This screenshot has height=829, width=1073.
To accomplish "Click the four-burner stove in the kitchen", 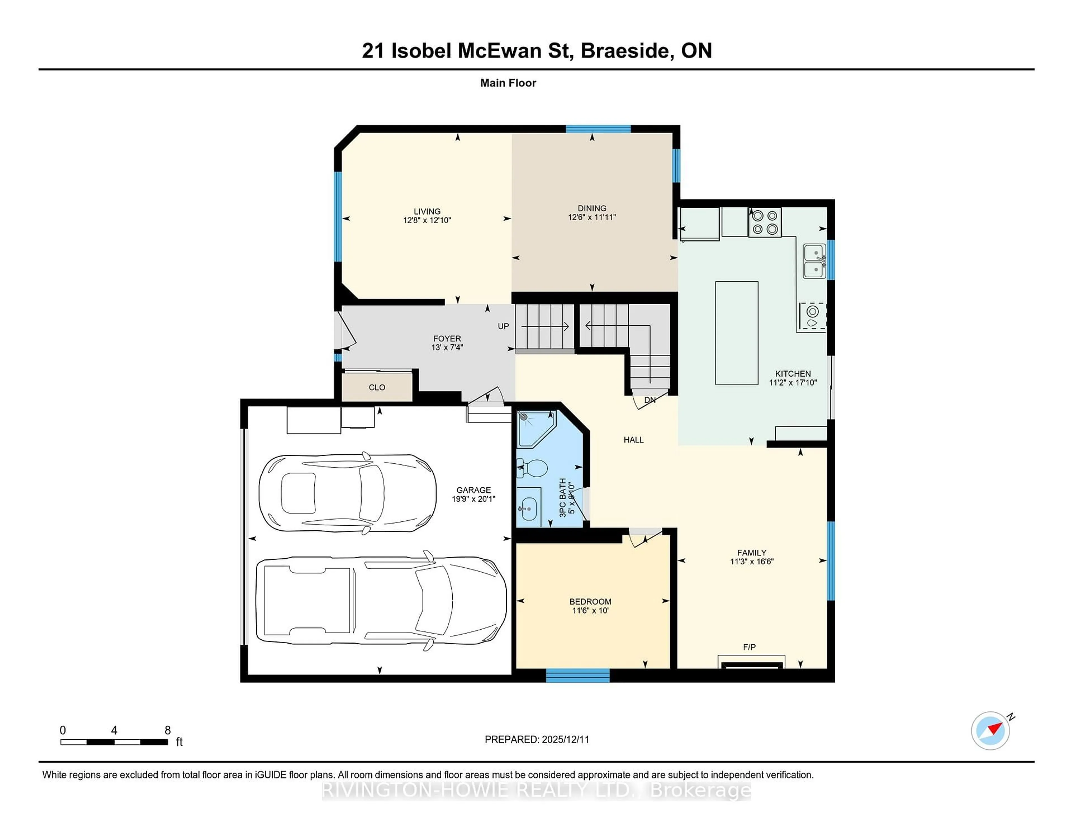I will [765, 222].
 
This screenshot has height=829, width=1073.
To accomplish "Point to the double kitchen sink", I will [814, 261].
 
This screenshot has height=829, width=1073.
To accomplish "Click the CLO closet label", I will [377, 387].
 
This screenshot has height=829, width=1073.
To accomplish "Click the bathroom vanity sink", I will [529, 507].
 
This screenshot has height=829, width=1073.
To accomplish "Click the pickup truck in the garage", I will [381, 601].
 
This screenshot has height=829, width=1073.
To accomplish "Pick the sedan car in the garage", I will [347, 493].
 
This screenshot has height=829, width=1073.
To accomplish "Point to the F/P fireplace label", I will [749, 647].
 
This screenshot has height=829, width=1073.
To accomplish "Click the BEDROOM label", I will [590, 602].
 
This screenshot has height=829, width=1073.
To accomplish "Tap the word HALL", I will [633, 440].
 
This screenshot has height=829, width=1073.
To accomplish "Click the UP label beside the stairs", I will [503, 326].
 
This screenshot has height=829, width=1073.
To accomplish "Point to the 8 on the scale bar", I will [168, 730].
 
